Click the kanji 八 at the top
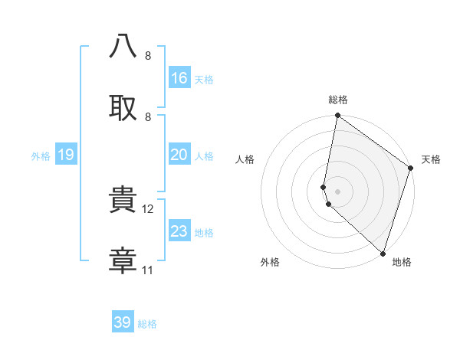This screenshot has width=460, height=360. (123, 47)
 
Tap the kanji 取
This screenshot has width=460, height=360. (123, 107)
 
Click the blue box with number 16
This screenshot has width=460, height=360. (179, 78)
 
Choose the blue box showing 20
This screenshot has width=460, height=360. (179, 155)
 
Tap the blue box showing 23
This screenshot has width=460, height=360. (179, 231)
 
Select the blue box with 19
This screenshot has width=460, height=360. (66, 155)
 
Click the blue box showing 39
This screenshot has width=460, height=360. (123, 322)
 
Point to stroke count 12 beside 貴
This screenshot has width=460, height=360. (149, 209)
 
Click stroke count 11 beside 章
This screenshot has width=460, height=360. (148, 270)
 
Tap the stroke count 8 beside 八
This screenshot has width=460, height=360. (148, 56)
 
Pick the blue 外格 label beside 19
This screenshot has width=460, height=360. (41, 156)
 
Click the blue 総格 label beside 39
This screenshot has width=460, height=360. (147, 324)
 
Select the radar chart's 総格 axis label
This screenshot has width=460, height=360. (338, 100)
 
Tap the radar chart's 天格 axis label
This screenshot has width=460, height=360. (431, 159)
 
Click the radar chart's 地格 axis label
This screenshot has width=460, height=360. (402, 262)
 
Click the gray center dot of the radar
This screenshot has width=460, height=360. (337, 191)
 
